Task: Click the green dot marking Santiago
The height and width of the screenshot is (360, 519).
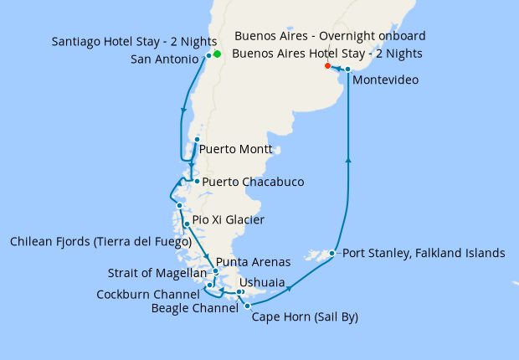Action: [x=217, y=54]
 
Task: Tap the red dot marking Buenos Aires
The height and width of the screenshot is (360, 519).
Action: [x=327, y=65]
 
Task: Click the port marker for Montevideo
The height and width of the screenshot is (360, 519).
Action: [x=347, y=69]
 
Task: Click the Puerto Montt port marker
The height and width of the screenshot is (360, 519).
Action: [x=197, y=139]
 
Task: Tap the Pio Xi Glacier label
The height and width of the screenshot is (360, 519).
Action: [x=229, y=220]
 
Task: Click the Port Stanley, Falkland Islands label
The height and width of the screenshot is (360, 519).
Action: [x=424, y=253]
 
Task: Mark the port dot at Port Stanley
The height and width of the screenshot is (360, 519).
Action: [x=332, y=253]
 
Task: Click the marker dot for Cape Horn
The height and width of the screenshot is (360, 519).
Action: [x=247, y=306]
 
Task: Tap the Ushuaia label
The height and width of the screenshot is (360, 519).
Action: [x=262, y=282]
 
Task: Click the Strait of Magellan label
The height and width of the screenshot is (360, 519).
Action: [x=157, y=273]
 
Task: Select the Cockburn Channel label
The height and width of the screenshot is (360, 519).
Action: [x=147, y=294]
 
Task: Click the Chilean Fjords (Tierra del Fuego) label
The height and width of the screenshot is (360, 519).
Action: [x=100, y=242]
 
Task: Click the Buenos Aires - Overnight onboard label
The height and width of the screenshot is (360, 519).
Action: [x=331, y=36]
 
